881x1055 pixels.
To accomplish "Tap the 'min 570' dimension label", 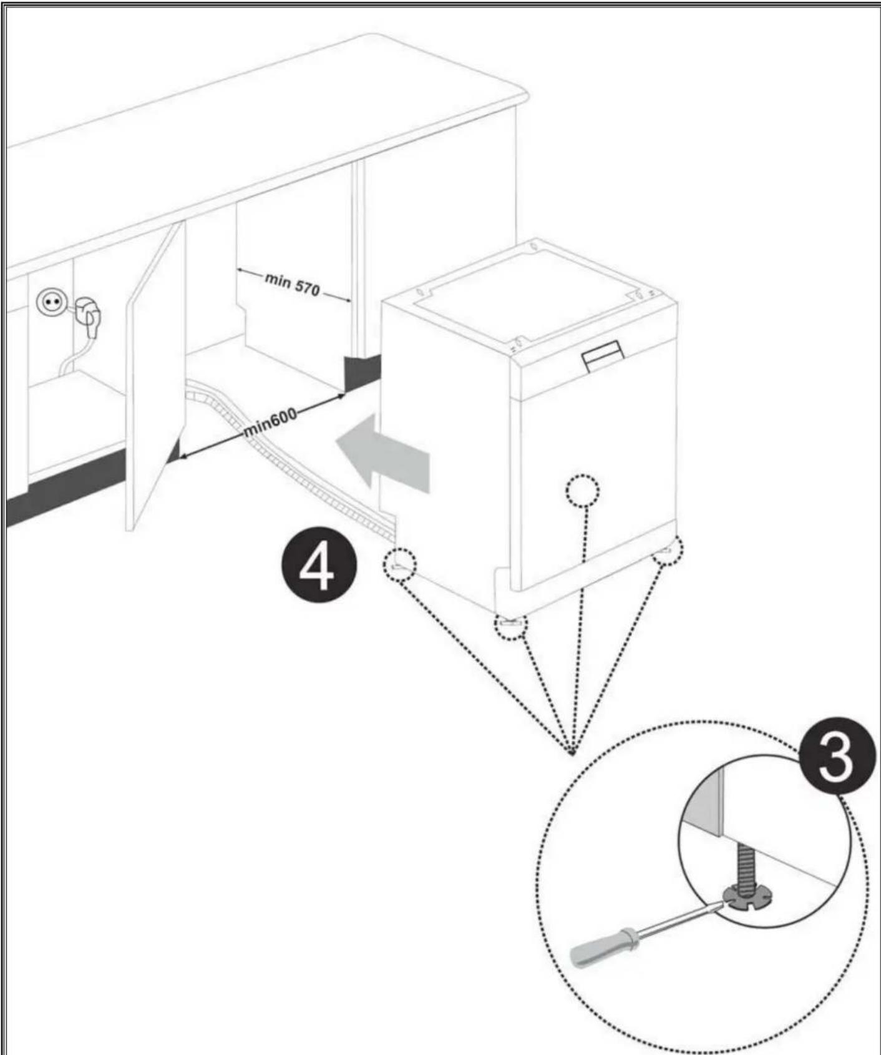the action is [293, 285].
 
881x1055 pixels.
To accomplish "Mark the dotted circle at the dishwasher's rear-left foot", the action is [399, 565].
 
